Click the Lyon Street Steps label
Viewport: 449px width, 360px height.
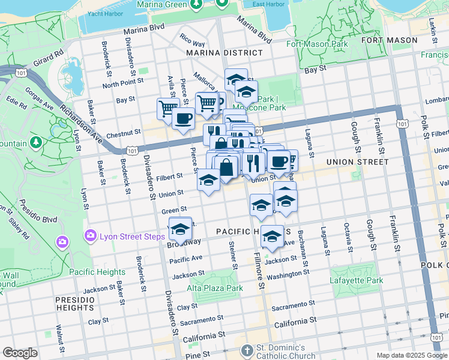click(x=133, y=236)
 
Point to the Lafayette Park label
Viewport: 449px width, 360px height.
click(x=356, y=280)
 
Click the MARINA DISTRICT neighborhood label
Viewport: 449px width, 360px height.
click(x=217, y=53)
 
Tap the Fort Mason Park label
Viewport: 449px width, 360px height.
click(x=317, y=44)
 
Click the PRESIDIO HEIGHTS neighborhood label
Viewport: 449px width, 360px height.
click(x=74, y=304)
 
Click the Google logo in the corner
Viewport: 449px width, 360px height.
click(x=20, y=353)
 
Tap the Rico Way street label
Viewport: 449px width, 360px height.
click(x=192, y=43)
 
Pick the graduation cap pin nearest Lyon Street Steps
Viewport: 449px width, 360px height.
click(x=179, y=229)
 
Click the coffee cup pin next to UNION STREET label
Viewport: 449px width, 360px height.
click(x=279, y=161)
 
